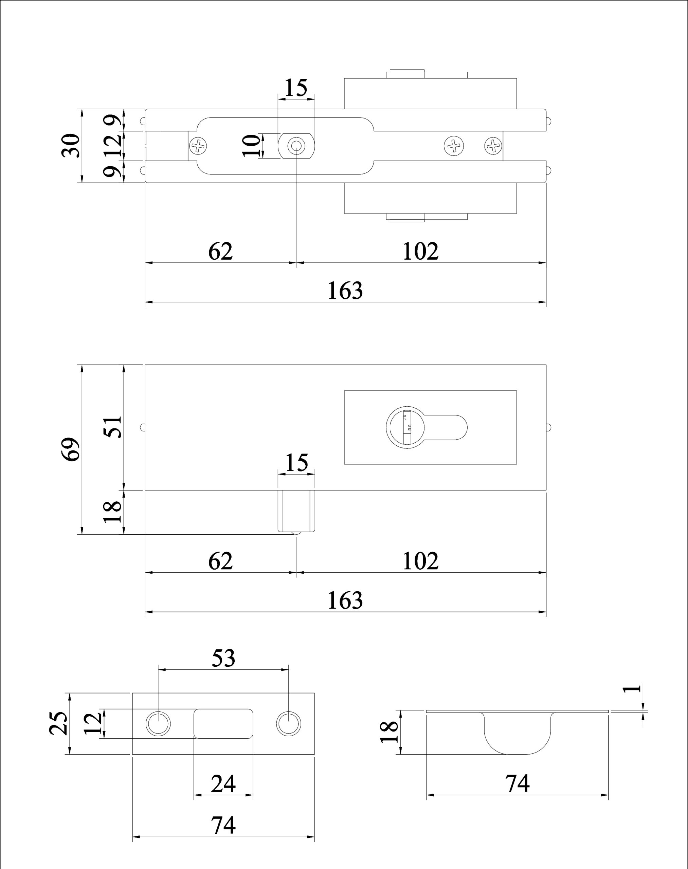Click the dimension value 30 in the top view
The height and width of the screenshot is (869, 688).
click(x=71, y=145)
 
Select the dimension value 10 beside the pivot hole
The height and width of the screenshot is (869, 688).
click(x=253, y=145)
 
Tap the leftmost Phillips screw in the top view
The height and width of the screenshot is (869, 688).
click(x=198, y=145)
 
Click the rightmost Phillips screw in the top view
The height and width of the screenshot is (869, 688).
click(x=493, y=145)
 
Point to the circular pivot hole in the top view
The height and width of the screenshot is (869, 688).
click(x=296, y=146)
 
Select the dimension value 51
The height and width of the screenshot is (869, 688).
click(x=113, y=426)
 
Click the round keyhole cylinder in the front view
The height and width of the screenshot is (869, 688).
click(x=405, y=427)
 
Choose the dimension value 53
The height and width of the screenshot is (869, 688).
click(x=223, y=658)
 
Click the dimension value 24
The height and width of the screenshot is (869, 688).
click(x=223, y=784)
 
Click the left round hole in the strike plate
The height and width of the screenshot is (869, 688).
click(x=158, y=724)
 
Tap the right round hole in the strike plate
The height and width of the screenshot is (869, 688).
click(x=288, y=724)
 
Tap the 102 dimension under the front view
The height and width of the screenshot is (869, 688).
click(x=420, y=560)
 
